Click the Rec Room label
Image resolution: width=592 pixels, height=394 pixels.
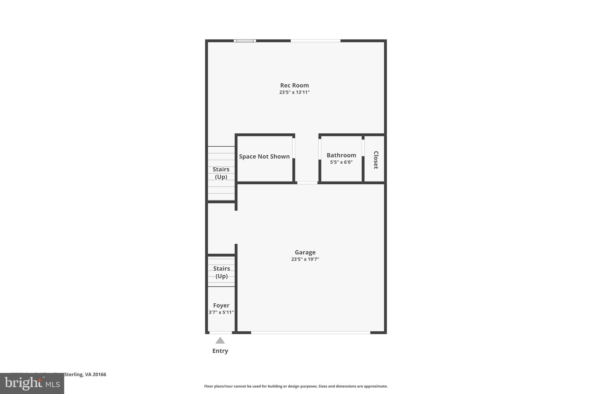click(294, 85)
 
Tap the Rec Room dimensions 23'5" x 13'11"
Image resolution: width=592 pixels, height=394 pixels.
click(294, 92)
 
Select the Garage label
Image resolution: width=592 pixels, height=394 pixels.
click(305, 252)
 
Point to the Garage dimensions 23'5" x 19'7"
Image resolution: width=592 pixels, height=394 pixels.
click(305, 259)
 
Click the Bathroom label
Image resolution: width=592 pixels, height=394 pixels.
click(341, 155)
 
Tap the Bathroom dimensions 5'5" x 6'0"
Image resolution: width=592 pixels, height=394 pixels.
click(341, 162)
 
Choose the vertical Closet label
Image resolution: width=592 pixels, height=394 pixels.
click(376, 160)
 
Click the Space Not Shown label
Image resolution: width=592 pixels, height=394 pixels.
click(264, 156)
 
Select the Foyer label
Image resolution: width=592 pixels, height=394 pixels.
click(221, 305)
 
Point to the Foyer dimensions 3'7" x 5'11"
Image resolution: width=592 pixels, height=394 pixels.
click(221, 312)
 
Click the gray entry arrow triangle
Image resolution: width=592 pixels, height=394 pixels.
click(220, 341)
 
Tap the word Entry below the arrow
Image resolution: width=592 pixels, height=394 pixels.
click(220, 351)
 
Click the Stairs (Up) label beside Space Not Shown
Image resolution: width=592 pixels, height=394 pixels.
click(221, 173)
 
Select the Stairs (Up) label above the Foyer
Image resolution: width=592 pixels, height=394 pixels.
click(221, 272)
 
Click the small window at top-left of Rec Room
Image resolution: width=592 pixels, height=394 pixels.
click(245, 41)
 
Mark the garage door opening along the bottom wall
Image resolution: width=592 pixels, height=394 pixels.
click(310, 333)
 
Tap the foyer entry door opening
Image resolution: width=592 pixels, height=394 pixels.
click(220, 333)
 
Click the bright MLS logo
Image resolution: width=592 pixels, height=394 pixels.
click(32, 384)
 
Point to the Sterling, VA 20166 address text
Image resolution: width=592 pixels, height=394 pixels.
click(85, 374)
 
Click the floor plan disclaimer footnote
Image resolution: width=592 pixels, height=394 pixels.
click(296, 386)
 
